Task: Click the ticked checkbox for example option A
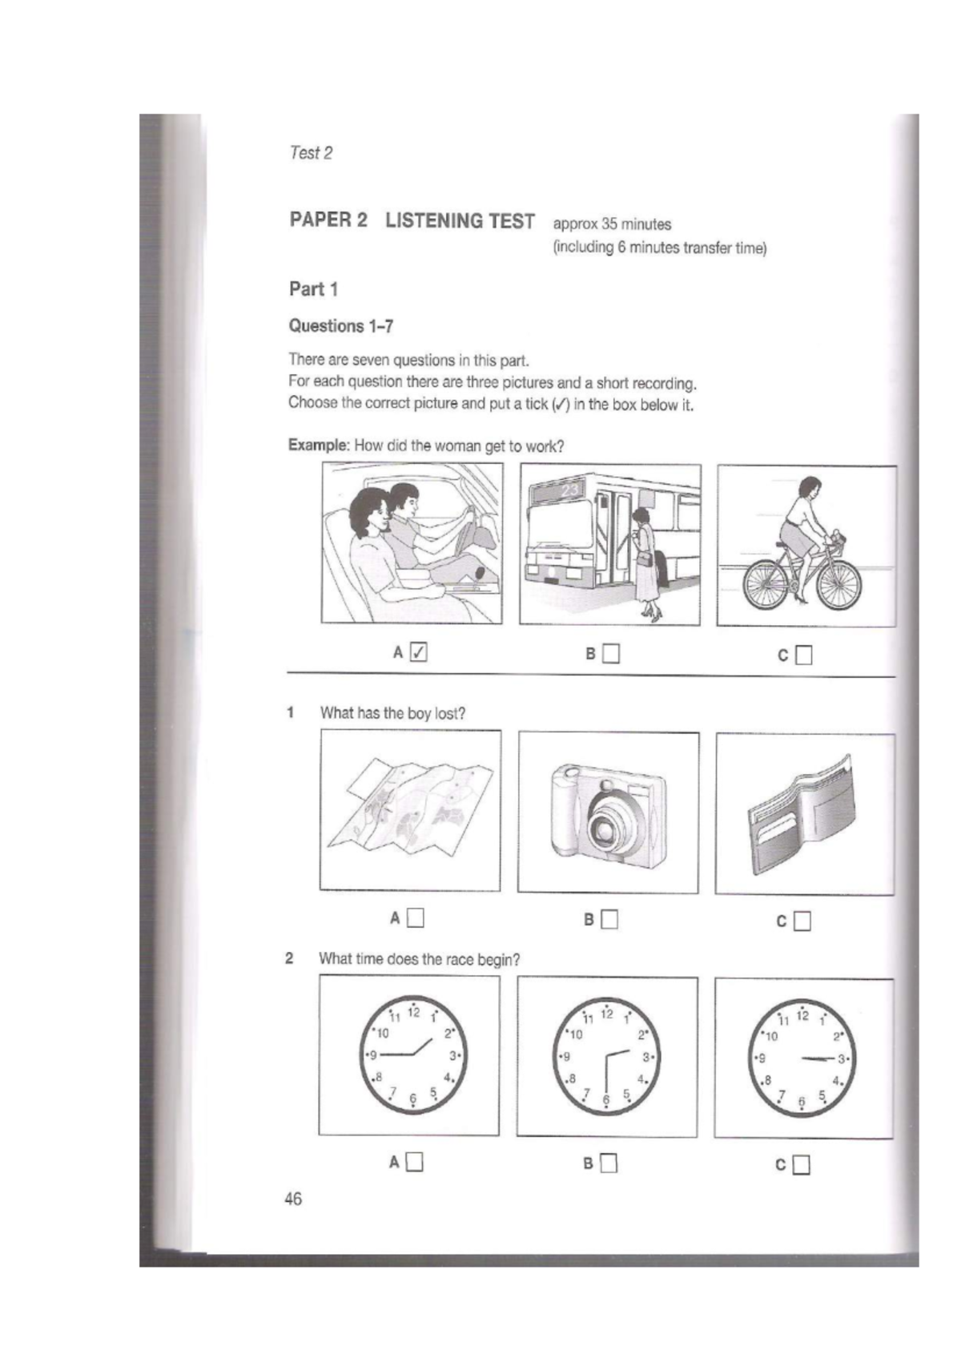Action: [418, 652]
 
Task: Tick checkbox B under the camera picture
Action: [610, 920]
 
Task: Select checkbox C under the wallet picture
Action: [802, 921]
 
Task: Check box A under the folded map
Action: [415, 918]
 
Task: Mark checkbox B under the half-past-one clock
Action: [609, 1163]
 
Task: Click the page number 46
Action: [293, 1199]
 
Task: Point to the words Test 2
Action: [311, 153]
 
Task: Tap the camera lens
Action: [607, 827]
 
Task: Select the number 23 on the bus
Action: [569, 490]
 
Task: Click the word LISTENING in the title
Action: [460, 221]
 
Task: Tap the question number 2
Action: [290, 958]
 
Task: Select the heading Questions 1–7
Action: [340, 326]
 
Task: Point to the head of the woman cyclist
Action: [809, 486]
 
